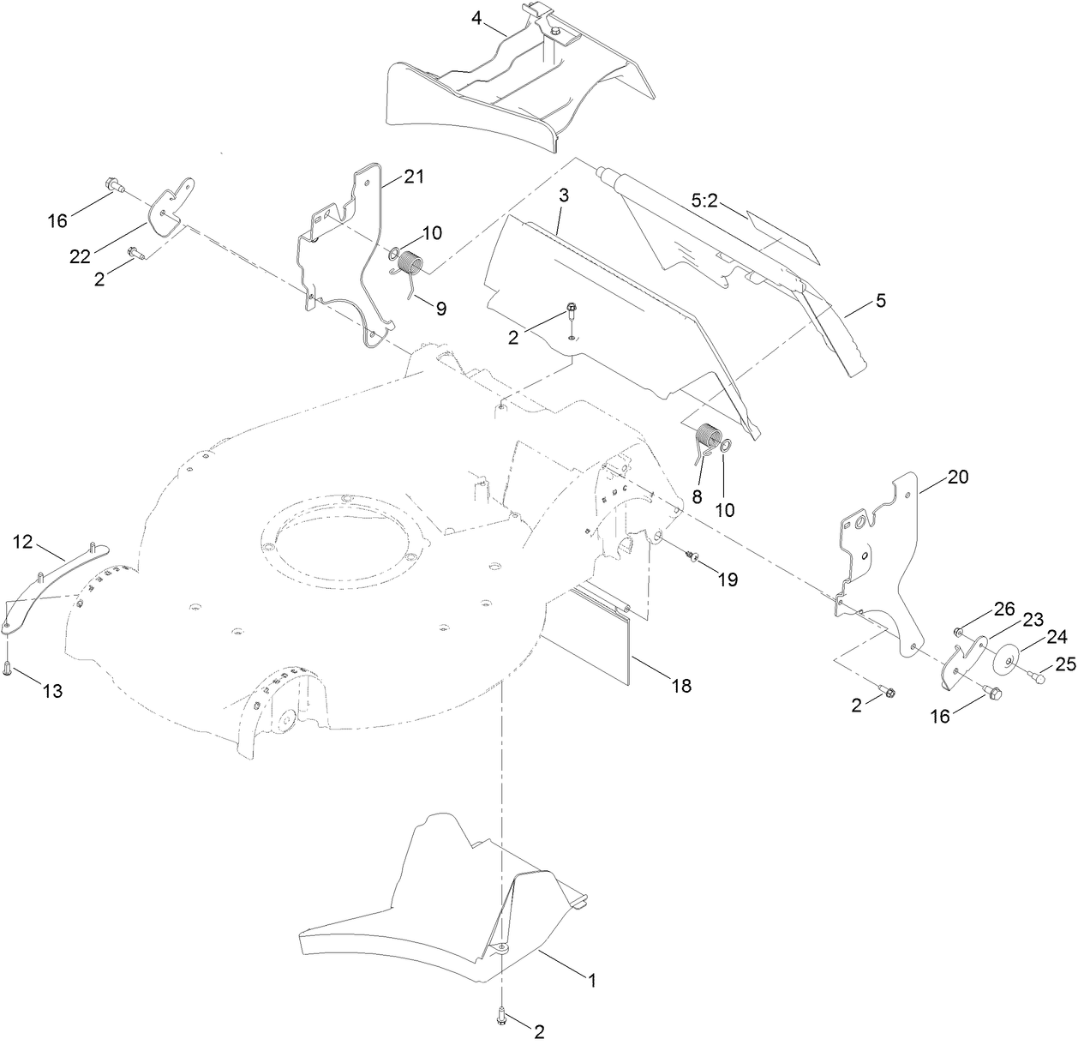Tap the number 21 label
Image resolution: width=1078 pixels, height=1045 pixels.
(x=414, y=177)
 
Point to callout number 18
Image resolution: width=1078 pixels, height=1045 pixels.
(x=682, y=686)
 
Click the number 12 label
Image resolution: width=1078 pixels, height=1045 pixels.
(x=23, y=541)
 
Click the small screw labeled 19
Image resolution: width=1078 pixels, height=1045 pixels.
(x=692, y=558)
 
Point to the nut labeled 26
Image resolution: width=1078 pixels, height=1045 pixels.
(x=959, y=633)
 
